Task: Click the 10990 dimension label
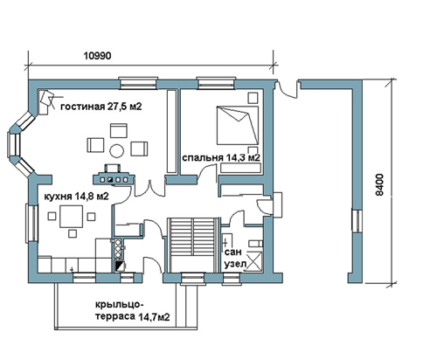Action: (x=98, y=55)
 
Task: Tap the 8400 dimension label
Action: (x=379, y=185)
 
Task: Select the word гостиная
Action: (x=82, y=107)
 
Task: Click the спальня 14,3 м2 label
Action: (x=221, y=158)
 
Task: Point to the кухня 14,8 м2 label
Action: (x=76, y=197)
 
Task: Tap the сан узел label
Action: (x=234, y=258)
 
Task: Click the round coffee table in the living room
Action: (x=117, y=151)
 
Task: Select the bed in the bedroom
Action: (x=238, y=125)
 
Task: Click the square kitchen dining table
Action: (x=71, y=217)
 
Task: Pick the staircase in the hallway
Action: (x=193, y=245)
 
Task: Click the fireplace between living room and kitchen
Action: (x=114, y=176)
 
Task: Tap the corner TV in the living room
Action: (x=46, y=102)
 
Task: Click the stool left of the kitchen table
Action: (x=52, y=217)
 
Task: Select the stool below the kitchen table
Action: (x=72, y=233)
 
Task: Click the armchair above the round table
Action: (x=119, y=130)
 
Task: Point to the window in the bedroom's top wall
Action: (x=216, y=83)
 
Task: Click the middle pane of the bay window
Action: (x=13, y=145)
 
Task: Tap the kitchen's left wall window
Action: (x=31, y=224)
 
